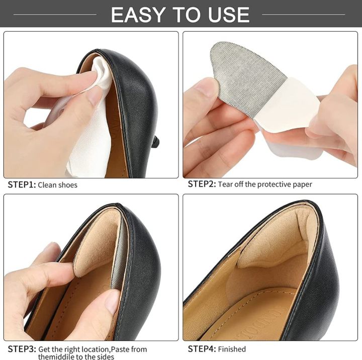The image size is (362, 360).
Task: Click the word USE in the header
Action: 228,15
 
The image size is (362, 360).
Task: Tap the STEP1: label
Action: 21,185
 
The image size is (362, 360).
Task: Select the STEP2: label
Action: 202,184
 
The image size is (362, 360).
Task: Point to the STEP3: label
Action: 21,348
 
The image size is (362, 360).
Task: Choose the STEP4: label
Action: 202,348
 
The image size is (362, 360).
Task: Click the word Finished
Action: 232,349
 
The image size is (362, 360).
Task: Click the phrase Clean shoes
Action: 57,185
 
